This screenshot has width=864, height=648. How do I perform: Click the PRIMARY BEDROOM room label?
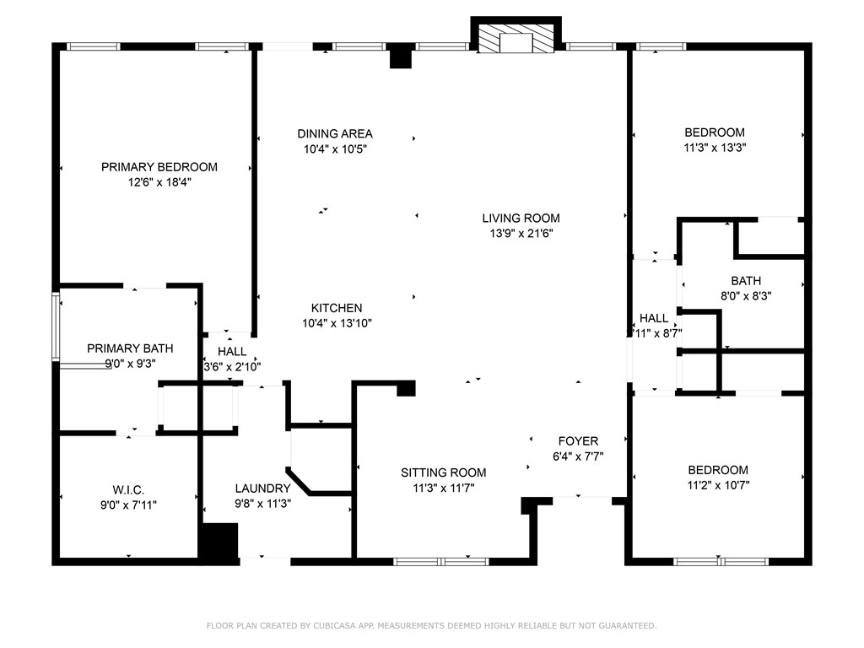tap(159, 167)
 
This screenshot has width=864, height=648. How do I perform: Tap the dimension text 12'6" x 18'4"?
tap(159, 181)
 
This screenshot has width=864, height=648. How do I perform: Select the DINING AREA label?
tap(335, 133)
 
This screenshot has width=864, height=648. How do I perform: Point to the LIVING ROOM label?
tap(521, 218)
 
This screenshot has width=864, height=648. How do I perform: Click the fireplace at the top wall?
tap(516, 39)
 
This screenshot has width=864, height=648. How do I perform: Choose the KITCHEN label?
tap(337, 308)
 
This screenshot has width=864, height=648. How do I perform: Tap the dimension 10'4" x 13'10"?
tap(337, 323)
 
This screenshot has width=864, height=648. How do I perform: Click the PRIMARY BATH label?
tap(130, 348)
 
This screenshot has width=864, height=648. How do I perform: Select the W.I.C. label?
tap(129, 489)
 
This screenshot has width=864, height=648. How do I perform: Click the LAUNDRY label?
tap(262, 488)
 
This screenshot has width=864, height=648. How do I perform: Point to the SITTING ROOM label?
tap(443, 472)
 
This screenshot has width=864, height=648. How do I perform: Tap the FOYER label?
tap(578, 441)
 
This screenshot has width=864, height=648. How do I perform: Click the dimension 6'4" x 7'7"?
tap(578, 456)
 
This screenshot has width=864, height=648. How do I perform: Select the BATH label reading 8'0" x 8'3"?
tap(746, 281)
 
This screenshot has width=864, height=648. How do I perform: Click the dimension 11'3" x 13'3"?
tap(715, 147)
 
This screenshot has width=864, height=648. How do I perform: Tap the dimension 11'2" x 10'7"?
tap(718, 485)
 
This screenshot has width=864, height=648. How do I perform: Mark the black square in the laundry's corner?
tap(219, 540)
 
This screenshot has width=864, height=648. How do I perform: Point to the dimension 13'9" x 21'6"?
tap(521, 233)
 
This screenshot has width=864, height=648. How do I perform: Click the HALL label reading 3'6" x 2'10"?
tap(232, 352)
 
